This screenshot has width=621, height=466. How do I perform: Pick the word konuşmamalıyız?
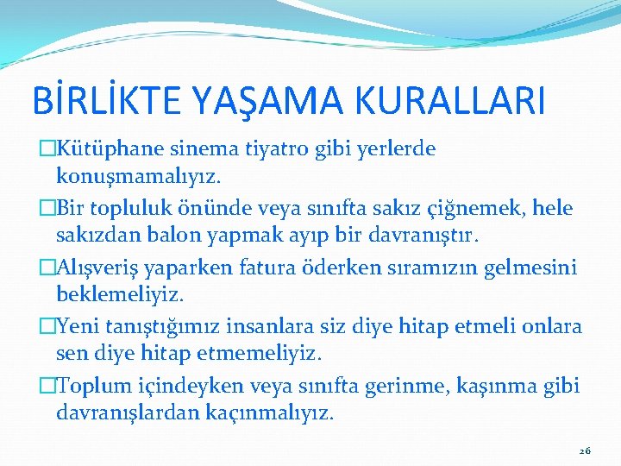138,177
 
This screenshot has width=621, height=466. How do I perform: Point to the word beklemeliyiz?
120,295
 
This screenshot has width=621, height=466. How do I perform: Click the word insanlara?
275,326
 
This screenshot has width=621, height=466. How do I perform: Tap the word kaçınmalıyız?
269,413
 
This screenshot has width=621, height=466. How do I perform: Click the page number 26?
585,450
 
